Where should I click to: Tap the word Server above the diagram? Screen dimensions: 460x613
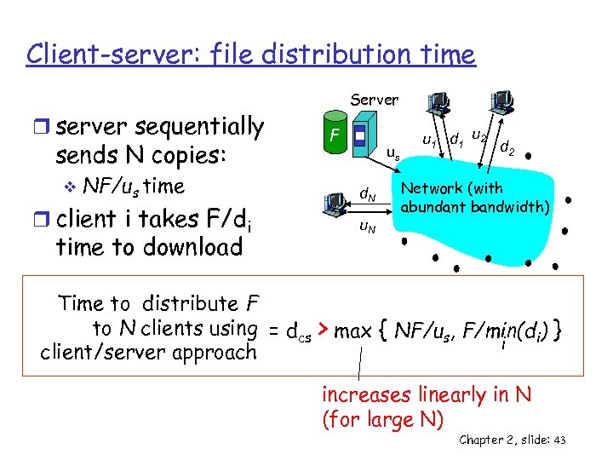click(375, 100)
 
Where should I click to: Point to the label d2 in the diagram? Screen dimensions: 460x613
click(507, 149)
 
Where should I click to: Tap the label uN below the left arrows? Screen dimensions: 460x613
click(368, 226)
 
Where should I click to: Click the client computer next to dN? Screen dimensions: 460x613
click(335, 203)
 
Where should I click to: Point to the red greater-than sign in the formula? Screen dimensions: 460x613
click(324, 329)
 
